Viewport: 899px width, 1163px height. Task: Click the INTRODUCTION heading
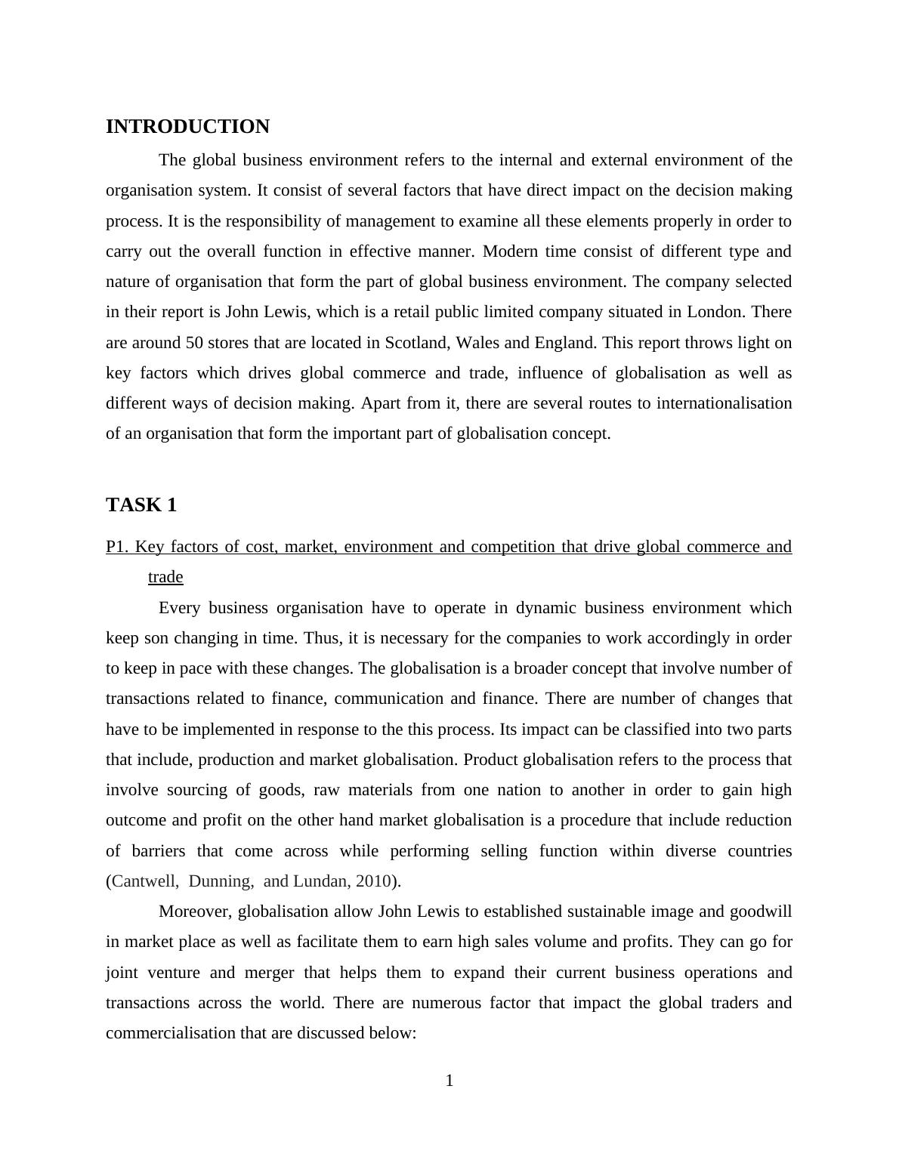coord(187,127)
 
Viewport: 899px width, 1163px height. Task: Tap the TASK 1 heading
coord(141,505)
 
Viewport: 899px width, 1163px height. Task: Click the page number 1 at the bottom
coord(449,1081)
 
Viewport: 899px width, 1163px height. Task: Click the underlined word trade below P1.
coord(165,578)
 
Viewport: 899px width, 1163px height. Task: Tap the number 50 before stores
coord(193,343)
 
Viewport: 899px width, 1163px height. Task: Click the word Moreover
coord(195,912)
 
